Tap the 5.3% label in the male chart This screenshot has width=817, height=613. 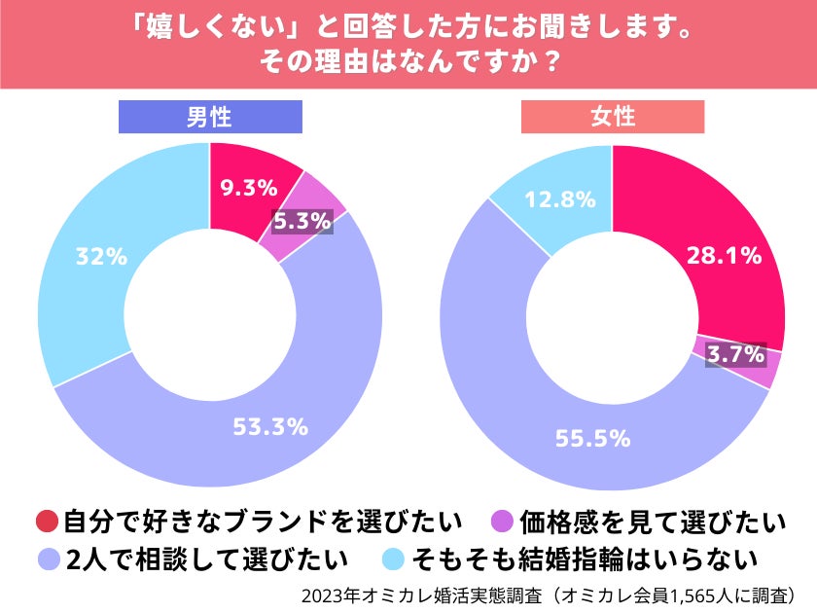302,222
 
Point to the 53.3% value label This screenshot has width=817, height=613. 270,425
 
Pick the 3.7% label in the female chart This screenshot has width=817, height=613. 734,355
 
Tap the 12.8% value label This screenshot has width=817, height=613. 559,199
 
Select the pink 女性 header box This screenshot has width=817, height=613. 613,118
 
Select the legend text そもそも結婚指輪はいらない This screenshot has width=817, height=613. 584,559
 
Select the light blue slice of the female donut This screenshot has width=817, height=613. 552,190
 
